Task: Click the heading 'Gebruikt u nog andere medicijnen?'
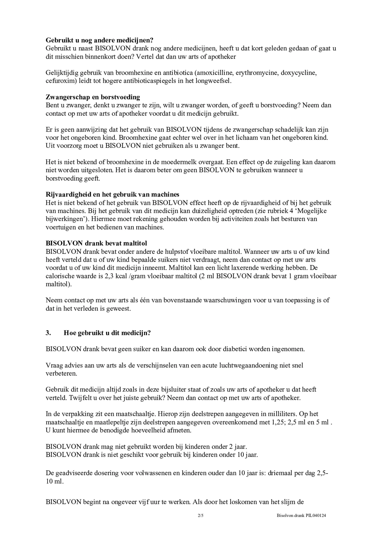(99, 40)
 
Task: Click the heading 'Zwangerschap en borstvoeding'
(93, 97)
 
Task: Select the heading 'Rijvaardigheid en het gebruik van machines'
(112, 194)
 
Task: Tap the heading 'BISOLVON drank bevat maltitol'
(96, 243)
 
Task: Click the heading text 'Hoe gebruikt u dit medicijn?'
(107, 333)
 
